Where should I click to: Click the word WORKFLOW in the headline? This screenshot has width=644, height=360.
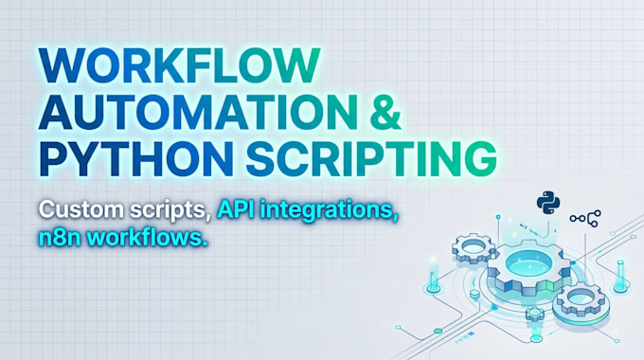point(179,66)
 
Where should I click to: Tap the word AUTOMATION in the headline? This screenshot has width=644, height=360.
point(198,112)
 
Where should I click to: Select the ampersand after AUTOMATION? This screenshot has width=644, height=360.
point(385,112)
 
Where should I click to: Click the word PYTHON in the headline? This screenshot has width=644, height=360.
point(136,158)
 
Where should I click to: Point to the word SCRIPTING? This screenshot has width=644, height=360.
point(371,158)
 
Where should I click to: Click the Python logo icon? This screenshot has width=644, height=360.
point(548,203)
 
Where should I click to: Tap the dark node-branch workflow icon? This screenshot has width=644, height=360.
point(585,218)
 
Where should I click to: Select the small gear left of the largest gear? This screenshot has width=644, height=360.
point(474,247)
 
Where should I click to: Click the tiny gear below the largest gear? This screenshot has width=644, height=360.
point(535,315)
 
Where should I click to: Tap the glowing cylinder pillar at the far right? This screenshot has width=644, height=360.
point(620,275)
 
